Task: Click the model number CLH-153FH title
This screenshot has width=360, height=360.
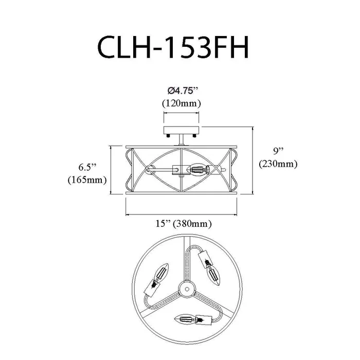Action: coord(173,47)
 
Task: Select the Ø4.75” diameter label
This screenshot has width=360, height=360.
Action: coord(183,91)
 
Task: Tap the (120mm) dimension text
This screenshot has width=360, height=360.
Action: coord(182,103)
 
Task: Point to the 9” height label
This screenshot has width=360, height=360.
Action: coord(278,151)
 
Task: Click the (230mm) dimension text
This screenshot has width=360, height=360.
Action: coord(278,164)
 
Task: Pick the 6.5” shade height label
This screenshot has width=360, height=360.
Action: coord(87,167)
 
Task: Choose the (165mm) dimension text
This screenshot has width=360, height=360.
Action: coord(87,180)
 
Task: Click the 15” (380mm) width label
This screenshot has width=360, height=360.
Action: coord(184,223)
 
